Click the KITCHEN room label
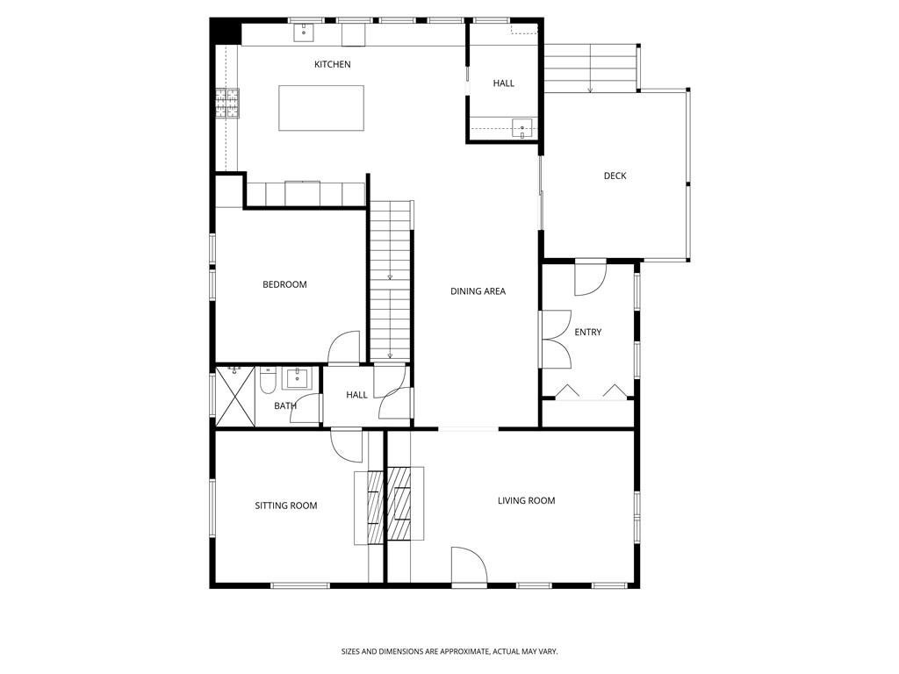click(333, 64)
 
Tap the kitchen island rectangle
click(321, 108)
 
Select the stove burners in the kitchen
click(227, 104)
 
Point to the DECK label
click(615, 176)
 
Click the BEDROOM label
click(284, 284)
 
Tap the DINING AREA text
click(478, 291)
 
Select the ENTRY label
click(587, 332)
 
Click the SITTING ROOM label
click(285, 505)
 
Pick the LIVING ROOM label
click(527, 500)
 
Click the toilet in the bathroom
click(268, 380)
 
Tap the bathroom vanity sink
click(297, 378)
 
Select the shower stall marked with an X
click(235, 397)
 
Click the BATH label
click(285, 405)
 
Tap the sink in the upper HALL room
click(521, 128)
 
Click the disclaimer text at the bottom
click(449, 651)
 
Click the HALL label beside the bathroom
click(356, 395)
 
